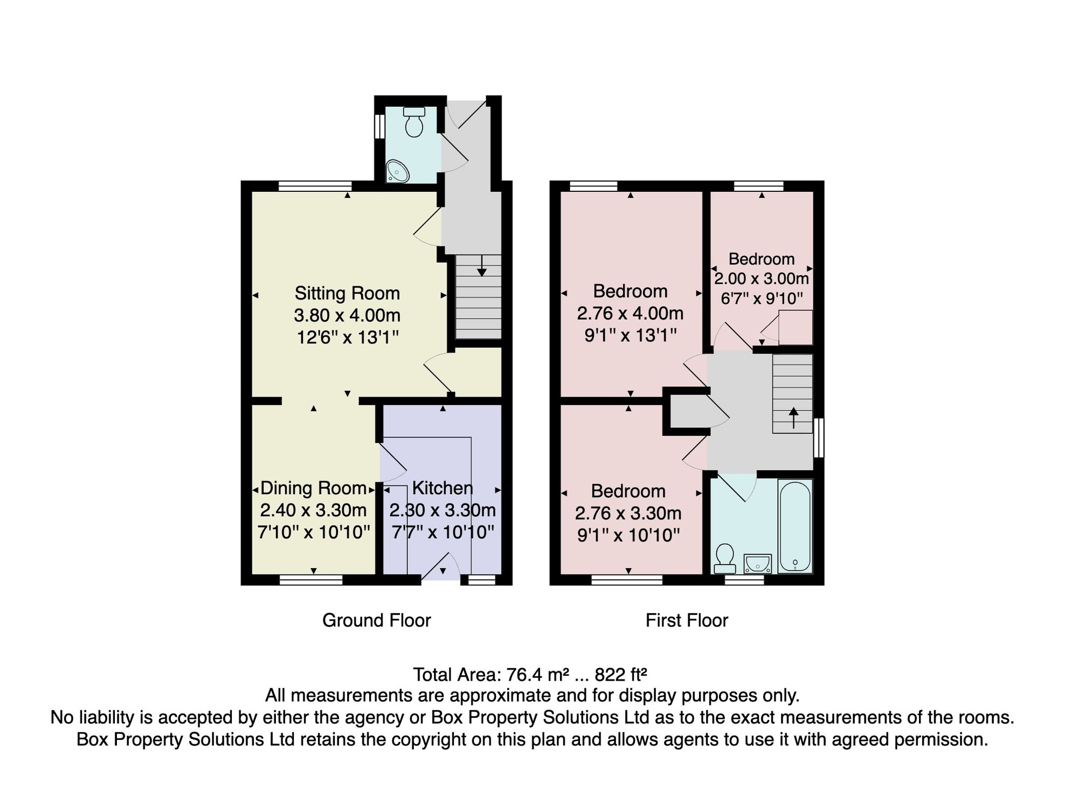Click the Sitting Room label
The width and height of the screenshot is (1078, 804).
tap(347, 293)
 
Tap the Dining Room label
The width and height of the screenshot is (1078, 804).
tap(313, 488)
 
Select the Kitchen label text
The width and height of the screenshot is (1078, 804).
tap(443, 488)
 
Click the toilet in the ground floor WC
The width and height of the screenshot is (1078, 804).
tap(414, 122)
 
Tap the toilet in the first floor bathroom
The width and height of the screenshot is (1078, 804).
tap(724, 559)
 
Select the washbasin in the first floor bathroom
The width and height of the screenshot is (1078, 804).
tap(757, 564)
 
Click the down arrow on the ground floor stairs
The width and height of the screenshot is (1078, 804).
tap(481, 266)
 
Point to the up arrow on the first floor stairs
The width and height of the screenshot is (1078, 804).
tap(793, 418)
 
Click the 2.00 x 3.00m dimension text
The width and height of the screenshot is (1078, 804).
tap(762, 279)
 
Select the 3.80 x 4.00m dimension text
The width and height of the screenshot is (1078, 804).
tap(347, 315)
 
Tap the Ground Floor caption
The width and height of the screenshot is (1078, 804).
tap(377, 620)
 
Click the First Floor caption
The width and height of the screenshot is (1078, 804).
tap(687, 620)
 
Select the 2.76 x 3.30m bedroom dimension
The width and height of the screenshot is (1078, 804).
tap(628, 513)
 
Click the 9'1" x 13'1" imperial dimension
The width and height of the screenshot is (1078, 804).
tap(631, 336)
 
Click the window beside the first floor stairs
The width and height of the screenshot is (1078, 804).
tap(819, 438)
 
